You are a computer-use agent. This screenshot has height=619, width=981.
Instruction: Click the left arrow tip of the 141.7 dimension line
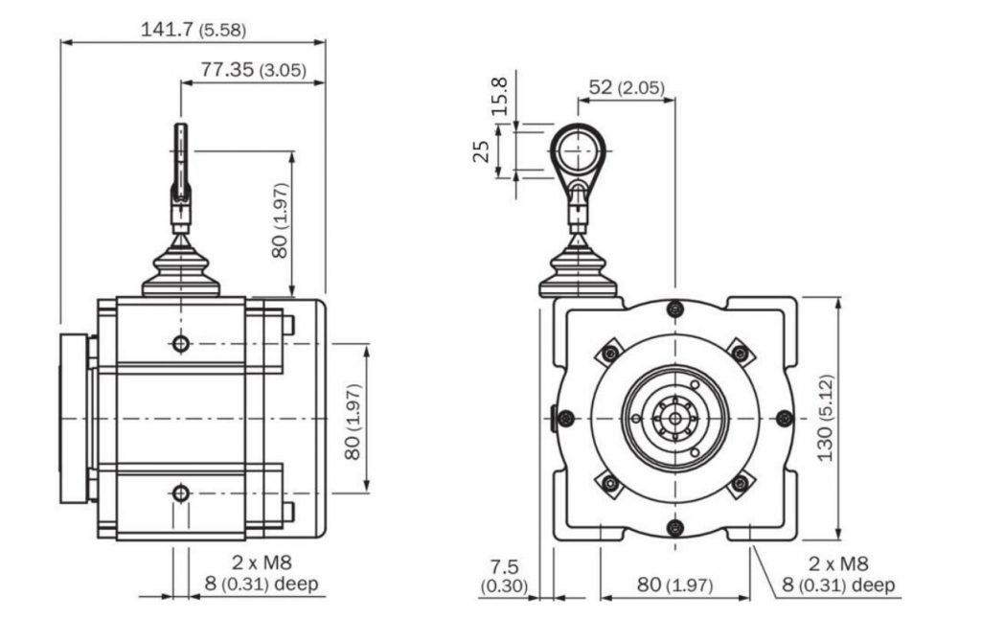61,42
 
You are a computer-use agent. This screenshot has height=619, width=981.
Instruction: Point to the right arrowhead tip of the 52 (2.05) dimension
675,99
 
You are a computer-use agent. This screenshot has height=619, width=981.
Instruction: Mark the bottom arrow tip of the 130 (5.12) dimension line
839,539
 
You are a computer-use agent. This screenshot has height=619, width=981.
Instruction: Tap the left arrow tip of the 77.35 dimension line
181,82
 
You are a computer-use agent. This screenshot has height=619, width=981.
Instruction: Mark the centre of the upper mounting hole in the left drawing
181,343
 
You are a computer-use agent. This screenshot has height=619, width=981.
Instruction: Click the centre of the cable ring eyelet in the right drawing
578,150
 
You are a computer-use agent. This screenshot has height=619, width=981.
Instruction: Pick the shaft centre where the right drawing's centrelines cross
674,418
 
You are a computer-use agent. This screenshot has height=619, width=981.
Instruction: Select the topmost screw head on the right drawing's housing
674,309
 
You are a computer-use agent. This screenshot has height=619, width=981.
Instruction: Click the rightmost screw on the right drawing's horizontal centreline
785,418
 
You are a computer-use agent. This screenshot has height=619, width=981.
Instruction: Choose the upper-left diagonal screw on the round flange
610,354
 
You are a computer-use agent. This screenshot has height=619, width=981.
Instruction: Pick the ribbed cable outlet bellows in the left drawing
181,268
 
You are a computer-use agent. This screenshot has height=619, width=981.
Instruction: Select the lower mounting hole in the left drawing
181,493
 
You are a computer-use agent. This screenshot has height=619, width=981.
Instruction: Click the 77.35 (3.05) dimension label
253,69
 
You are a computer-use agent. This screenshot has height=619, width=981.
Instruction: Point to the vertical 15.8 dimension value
498,96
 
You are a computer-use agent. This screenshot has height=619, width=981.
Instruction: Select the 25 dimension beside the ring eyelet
481,151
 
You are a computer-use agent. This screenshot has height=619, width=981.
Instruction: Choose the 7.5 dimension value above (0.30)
504,567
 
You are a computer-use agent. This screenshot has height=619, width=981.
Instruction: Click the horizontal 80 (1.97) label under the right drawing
675,585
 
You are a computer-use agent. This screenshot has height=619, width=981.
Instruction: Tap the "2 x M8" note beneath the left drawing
262,562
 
